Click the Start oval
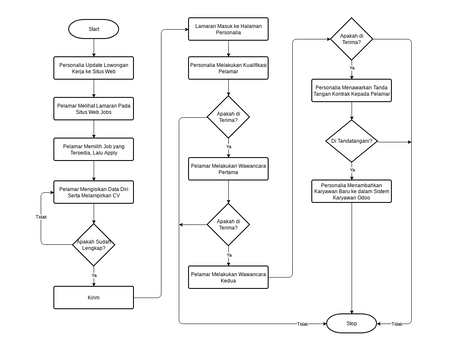94,30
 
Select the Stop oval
350,324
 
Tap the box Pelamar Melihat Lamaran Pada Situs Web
94,106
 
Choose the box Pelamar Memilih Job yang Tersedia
94,148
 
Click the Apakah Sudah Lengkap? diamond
94,244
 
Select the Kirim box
94,297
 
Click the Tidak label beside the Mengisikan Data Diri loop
41,217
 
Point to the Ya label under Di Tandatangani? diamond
353,168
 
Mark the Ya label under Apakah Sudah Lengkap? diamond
94,274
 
